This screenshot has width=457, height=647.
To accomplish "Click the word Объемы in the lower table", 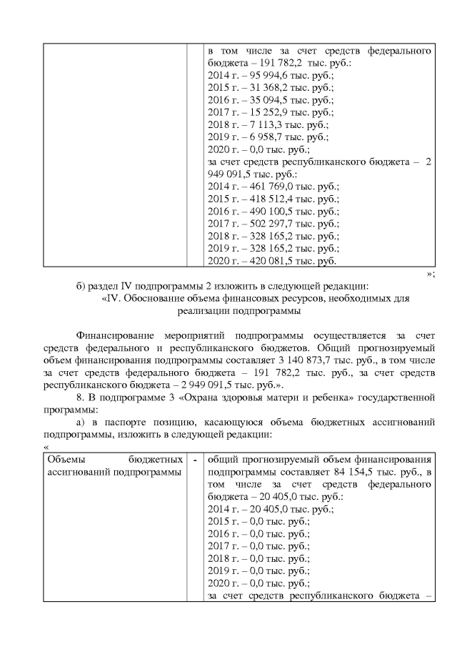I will click(x=64, y=459).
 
